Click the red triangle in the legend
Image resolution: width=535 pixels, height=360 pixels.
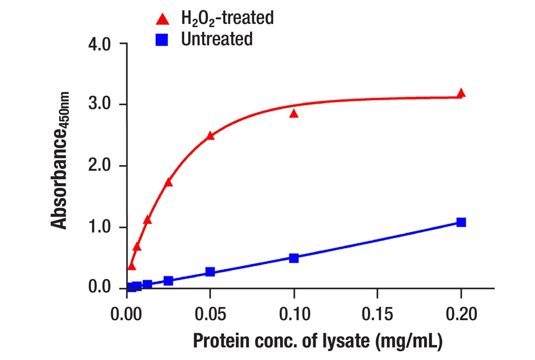[x=163, y=19]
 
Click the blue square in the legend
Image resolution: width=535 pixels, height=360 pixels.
[x=163, y=39]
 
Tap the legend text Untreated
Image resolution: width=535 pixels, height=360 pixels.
[x=217, y=39]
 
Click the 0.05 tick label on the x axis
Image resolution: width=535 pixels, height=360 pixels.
[x=211, y=314]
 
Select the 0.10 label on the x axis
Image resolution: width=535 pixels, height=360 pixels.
[x=294, y=314]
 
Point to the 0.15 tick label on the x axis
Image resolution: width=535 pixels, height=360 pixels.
[x=377, y=314]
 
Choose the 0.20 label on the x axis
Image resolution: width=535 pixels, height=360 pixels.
[x=461, y=314]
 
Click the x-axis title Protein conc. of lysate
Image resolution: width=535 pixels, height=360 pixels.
[x=317, y=341]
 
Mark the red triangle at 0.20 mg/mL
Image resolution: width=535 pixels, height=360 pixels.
[x=461, y=93]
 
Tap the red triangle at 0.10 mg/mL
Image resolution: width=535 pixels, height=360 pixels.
[x=294, y=113]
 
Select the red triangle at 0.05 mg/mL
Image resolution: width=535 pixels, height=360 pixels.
[x=211, y=136]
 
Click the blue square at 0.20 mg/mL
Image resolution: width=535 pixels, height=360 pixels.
[x=461, y=222]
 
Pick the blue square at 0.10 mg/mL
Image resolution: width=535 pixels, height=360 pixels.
[x=294, y=258]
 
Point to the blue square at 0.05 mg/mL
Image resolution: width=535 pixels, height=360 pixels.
[x=211, y=272]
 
